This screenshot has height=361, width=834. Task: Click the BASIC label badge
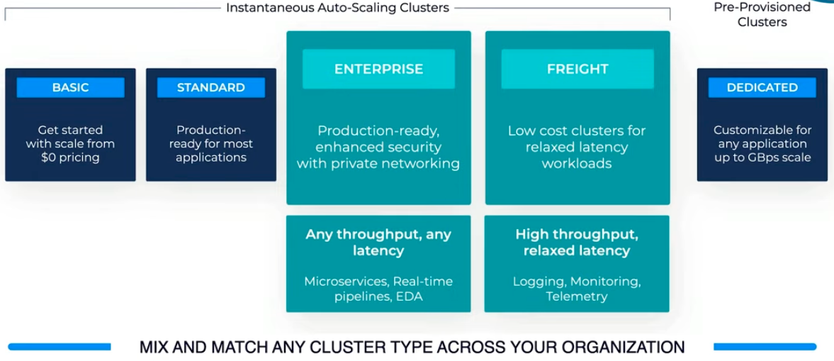[70, 87]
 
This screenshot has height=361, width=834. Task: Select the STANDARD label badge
[210, 87]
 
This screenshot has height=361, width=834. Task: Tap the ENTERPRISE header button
[378, 69]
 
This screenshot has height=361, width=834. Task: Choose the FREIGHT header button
[577, 69]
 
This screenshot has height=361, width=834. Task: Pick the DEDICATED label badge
[762, 87]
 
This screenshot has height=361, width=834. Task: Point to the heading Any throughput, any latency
[378, 242]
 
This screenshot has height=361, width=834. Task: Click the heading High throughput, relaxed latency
[577, 242]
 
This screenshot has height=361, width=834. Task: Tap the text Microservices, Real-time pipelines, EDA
[378, 289]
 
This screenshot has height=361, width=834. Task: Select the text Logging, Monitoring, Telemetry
[577, 289]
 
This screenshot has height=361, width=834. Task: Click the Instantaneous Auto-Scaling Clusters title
[337, 8]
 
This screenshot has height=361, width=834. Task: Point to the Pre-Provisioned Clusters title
[762, 14]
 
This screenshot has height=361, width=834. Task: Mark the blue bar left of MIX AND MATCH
[60, 347]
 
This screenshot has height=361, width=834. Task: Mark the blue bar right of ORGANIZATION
[765, 347]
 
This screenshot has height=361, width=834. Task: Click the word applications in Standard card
[210, 157]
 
